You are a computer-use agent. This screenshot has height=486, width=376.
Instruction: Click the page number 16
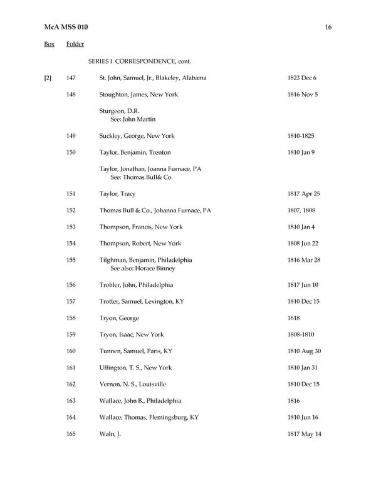(x=328, y=27)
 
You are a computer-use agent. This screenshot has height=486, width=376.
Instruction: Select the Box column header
(x=49, y=44)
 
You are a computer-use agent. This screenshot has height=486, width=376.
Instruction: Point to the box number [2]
(x=48, y=78)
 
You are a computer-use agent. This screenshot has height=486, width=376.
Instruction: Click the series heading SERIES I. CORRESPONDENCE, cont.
(x=139, y=61)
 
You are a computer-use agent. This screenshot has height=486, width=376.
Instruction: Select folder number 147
(x=71, y=78)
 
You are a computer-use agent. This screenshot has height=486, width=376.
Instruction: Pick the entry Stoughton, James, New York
(x=138, y=95)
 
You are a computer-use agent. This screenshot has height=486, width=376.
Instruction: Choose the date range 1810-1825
(x=301, y=136)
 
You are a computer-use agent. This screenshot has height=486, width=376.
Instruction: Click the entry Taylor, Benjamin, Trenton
(x=135, y=152)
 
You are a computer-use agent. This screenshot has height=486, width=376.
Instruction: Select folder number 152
(x=71, y=210)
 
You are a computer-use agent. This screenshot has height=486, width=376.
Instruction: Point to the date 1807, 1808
(x=301, y=210)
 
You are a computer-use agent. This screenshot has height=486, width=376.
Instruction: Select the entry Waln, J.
(x=110, y=433)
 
